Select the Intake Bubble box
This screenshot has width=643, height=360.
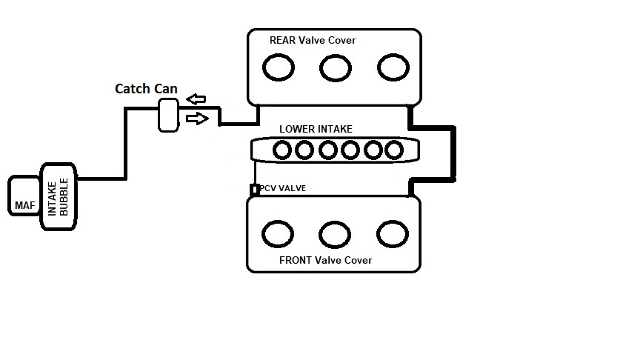tap(59, 196)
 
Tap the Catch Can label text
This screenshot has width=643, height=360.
tap(146, 89)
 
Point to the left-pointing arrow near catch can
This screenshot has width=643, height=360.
tap(196, 99)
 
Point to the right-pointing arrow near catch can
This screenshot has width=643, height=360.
tap(197, 118)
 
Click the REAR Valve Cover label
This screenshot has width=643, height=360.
tap(312, 40)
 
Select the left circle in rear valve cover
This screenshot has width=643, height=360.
tap(278, 68)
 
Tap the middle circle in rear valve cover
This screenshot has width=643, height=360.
tap(335, 68)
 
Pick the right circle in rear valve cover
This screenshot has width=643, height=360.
tap(393, 67)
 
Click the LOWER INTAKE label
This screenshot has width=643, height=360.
tap(316, 129)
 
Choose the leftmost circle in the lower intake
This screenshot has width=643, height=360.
tap(282, 150)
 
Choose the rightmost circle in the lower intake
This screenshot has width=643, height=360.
tap(394, 150)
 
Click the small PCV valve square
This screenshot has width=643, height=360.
tap(255, 190)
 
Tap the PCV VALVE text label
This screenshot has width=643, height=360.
tap(283, 189)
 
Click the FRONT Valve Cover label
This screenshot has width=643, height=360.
tap(325, 260)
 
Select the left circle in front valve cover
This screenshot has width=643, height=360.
tap(278, 233)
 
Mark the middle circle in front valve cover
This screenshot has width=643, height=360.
tap(335, 233)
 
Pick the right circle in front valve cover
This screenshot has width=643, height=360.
tap(393, 233)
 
